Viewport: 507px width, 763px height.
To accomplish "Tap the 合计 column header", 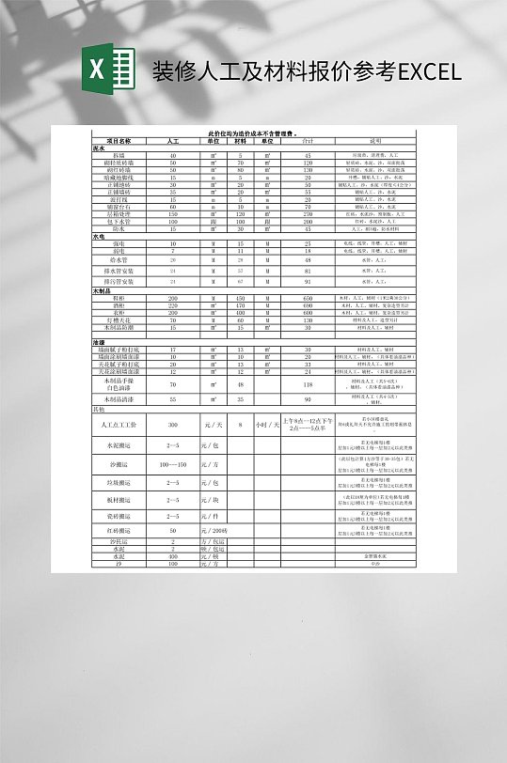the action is pos(307,141).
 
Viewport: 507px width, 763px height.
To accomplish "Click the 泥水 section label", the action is pos(99,148).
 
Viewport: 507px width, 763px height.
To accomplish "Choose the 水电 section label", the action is pos(99,237).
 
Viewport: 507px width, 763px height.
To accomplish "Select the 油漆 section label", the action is pos(99,341).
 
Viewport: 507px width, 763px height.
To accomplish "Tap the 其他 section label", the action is pos(99,410).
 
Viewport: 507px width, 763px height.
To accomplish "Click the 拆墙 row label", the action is pos(119,154).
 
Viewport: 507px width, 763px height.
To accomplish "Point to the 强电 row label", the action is pos(119,243).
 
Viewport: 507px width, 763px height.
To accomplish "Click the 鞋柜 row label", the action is pos(119,298).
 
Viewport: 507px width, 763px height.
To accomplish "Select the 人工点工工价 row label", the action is pos(119,425).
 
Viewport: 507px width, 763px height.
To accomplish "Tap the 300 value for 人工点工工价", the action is pos(173,425).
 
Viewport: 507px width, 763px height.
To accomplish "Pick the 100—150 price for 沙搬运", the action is pos(173,464).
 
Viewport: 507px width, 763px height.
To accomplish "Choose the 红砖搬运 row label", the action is pos(119,531).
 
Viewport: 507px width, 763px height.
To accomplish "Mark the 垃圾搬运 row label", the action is pos(119,482).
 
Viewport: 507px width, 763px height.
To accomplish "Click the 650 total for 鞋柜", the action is pos(307,298).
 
